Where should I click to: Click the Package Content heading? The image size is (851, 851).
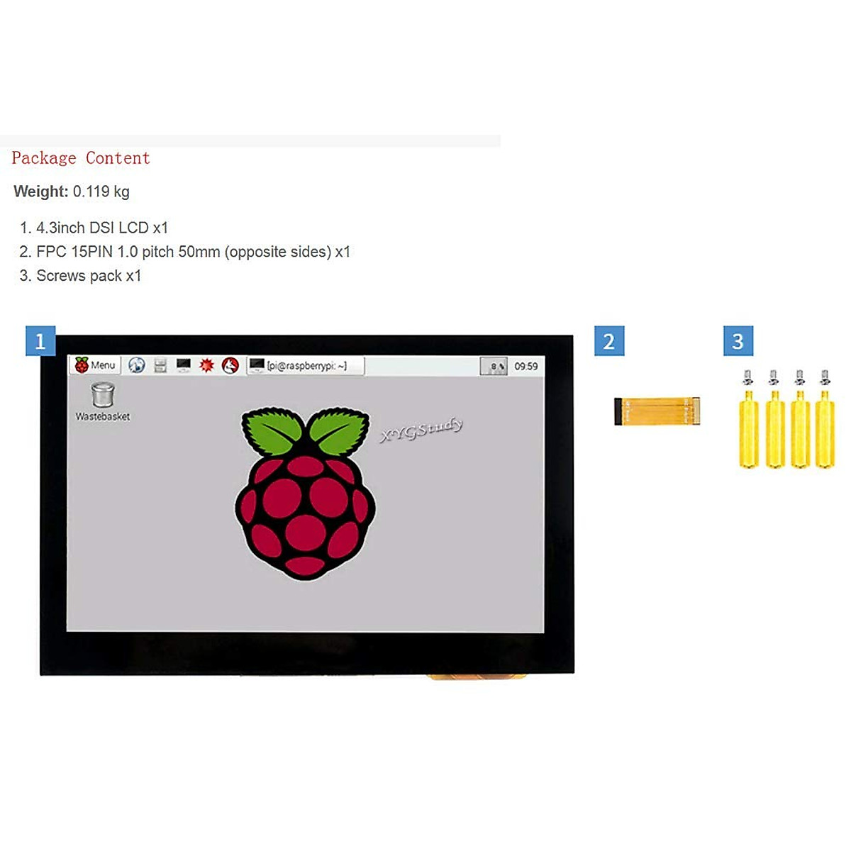(81, 158)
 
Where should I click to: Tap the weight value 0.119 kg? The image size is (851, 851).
(101, 191)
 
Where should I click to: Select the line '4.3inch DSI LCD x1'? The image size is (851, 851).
(101, 228)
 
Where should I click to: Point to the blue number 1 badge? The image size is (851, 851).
(40, 341)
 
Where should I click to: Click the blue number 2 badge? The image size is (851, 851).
(609, 341)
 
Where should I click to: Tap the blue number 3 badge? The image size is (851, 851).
(738, 341)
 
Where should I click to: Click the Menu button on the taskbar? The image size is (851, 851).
(96, 365)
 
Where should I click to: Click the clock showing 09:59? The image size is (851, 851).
(526, 366)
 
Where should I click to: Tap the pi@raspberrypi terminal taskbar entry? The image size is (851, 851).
(305, 366)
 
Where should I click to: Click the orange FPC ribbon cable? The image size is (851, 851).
(657, 411)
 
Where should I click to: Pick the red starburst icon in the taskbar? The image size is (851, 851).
(206, 365)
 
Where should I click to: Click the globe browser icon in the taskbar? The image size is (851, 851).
(137, 365)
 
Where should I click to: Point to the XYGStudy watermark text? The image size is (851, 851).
(422, 430)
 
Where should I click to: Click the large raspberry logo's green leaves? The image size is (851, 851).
(305, 430)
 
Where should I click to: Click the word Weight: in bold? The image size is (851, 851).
(41, 191)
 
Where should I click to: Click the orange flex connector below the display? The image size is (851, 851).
(477, 677)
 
